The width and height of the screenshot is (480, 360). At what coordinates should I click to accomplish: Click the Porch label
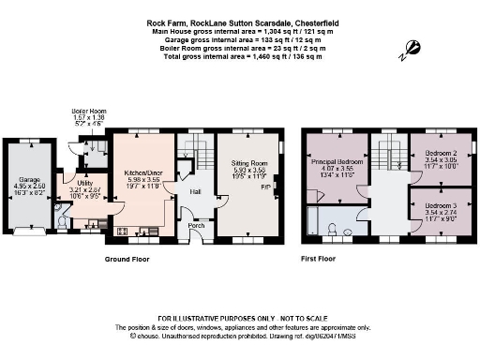[x=196, y=225]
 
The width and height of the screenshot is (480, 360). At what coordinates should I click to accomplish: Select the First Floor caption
[x=320, y=258]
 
